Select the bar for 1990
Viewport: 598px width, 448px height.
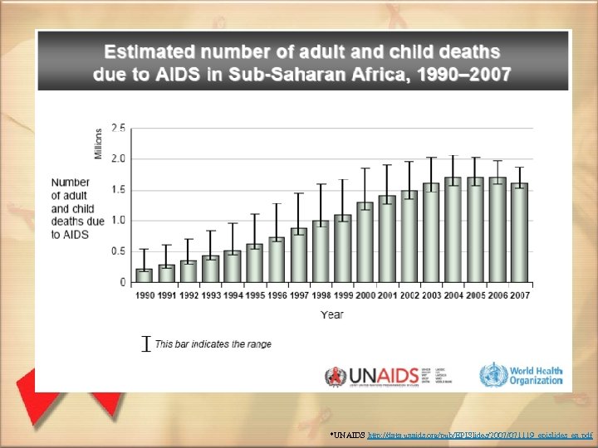click(x=145, y=275)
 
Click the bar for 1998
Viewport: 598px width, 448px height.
click(x=320, y=251)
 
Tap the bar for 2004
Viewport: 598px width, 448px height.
click(x=453, y=230)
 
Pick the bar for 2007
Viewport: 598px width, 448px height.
click(x=519, y=232)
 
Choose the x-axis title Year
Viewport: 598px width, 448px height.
click(x=332, y=314)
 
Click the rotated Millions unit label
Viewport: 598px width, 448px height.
click(x=99, y=143)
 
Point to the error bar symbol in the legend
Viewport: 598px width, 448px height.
click(x=146, y=343)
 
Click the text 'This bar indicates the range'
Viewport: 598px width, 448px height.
click(x=213, y=344)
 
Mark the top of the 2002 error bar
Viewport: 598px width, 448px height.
click(x=409, y=162)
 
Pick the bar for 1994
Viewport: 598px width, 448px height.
click(x=233, y=266)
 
